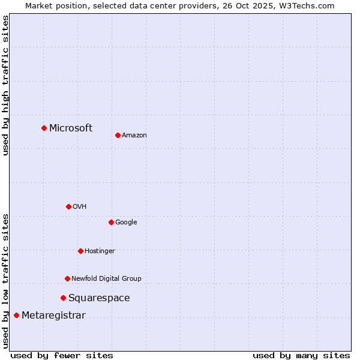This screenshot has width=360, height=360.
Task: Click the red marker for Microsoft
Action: (x=44, y=128)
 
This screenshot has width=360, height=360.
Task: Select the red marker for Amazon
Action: (x=118, y=135)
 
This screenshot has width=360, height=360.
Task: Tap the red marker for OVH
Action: (x=68, y=206)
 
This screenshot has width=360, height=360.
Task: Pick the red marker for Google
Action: (x=111, y=222)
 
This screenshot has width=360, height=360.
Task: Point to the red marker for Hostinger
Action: (x=80, y=251)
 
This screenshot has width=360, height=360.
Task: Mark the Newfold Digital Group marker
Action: (x=67, y=278)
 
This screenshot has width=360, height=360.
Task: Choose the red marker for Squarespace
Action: (x=63, y=298)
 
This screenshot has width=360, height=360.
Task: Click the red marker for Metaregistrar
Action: (x=16, y=315)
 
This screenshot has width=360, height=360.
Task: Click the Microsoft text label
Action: (x=71, y=128)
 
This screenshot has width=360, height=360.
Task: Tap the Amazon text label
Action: (x=134, y=135)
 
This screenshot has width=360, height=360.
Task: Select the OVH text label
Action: (x=80, y=206)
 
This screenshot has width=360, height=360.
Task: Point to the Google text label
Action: (x=126, y=222)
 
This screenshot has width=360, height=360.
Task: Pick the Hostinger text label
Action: (x=100, y=251)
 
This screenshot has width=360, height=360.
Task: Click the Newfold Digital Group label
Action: (x=106, y=278)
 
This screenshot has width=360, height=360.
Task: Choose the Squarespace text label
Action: (x=99, y=298)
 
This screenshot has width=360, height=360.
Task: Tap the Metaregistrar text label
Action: (x=53, y=315)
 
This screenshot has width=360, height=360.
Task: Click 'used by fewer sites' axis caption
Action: (x=62, y=355)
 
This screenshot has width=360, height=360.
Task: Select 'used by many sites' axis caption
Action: (x=301, y=355)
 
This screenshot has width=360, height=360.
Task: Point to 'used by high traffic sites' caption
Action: (x=5, y=85)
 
